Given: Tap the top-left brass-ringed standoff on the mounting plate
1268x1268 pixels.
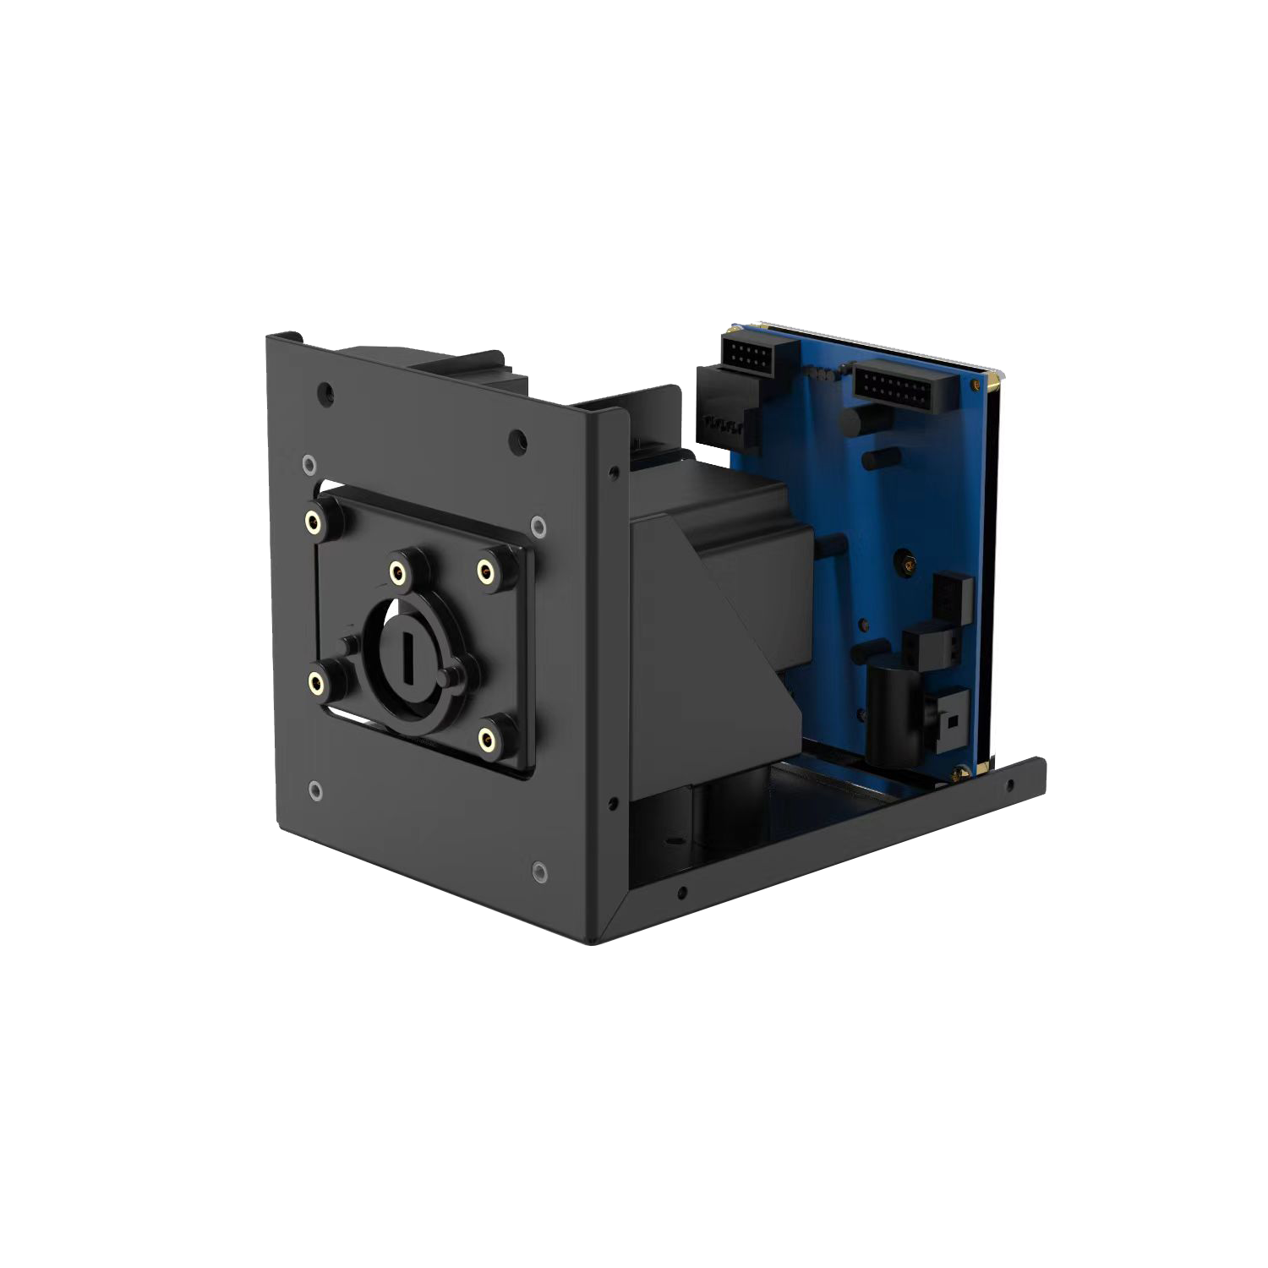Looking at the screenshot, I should pos(314,522).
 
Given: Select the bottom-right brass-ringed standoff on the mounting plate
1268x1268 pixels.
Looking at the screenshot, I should pos(487,740).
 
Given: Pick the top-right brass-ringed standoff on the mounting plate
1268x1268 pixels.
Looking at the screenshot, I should pos(485,572).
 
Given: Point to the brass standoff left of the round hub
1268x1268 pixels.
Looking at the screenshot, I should pos(316,682).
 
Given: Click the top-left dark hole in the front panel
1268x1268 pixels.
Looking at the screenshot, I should pos(325,392).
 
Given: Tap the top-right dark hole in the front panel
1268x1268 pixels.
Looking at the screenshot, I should pos(517,440).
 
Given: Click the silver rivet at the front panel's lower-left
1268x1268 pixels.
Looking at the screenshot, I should pos(314,790).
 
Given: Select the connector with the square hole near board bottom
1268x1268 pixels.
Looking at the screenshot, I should pos(950,722).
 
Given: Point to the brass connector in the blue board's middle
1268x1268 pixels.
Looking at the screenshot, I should pos(905,561).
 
